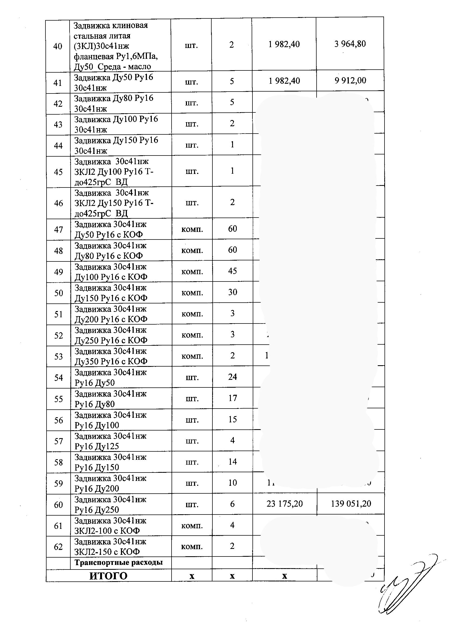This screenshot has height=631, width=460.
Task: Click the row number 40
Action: click(x=58, y=46)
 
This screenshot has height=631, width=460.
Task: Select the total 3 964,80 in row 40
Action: click(x=350, y=44)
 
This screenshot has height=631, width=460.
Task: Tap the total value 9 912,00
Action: click(x=350, y=80)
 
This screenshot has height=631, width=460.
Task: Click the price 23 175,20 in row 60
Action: click(x=285, y=504)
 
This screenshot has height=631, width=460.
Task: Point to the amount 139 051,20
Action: click(x=351, y=504)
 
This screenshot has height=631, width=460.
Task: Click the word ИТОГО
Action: click(x=108, y=576)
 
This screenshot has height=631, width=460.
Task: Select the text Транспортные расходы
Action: click(x=118, y=562)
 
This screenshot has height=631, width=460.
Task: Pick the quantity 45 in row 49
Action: click(x=232, y=271)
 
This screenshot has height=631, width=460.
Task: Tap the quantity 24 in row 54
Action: click(x=232, y=377)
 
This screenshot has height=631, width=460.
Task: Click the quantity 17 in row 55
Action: click(x=232, y=398)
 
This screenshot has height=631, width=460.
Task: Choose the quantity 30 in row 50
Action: click(x=232, y=292)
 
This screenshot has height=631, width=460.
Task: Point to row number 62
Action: click(x=58, y=547)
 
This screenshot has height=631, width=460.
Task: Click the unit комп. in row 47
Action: click(x=192, y=229)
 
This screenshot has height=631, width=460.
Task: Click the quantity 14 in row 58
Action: click(x=232, y=462)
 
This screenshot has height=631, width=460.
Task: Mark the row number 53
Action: click(x=58, y=356)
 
